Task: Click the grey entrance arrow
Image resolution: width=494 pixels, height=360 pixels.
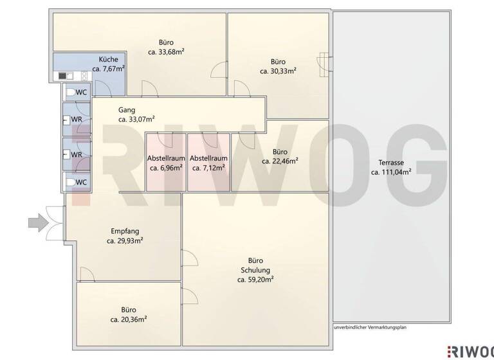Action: (39, 223)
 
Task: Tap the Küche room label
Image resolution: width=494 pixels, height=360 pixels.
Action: (108, 59)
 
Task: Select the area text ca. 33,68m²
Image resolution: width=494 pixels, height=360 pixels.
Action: (166, 52)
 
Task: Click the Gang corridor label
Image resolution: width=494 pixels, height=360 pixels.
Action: (127, 110)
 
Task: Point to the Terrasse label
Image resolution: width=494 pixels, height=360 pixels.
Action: (391, 163)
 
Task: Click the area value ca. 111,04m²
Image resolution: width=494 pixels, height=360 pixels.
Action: (391, 172)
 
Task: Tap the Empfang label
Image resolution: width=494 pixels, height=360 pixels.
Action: (125, 231)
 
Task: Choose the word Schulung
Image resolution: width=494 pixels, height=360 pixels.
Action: (255, 270)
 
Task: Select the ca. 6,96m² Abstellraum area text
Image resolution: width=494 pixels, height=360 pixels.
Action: (166, 168)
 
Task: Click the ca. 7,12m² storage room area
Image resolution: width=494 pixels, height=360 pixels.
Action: (208, 168)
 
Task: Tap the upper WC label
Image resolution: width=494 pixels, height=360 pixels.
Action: (81, 93)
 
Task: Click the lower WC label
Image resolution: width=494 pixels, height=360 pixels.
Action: (81, 183)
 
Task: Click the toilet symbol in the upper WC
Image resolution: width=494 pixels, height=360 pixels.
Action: (71, 93)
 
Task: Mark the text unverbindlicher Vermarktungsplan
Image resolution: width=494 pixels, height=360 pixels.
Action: (370, 327)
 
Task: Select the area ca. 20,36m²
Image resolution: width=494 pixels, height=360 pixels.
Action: (129, 319)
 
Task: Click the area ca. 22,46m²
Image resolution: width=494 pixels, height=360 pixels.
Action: (280, 161)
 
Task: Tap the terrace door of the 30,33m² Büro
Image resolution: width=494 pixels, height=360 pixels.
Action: (325, 64)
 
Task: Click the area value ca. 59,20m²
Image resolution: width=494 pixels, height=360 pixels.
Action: (255, 280)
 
